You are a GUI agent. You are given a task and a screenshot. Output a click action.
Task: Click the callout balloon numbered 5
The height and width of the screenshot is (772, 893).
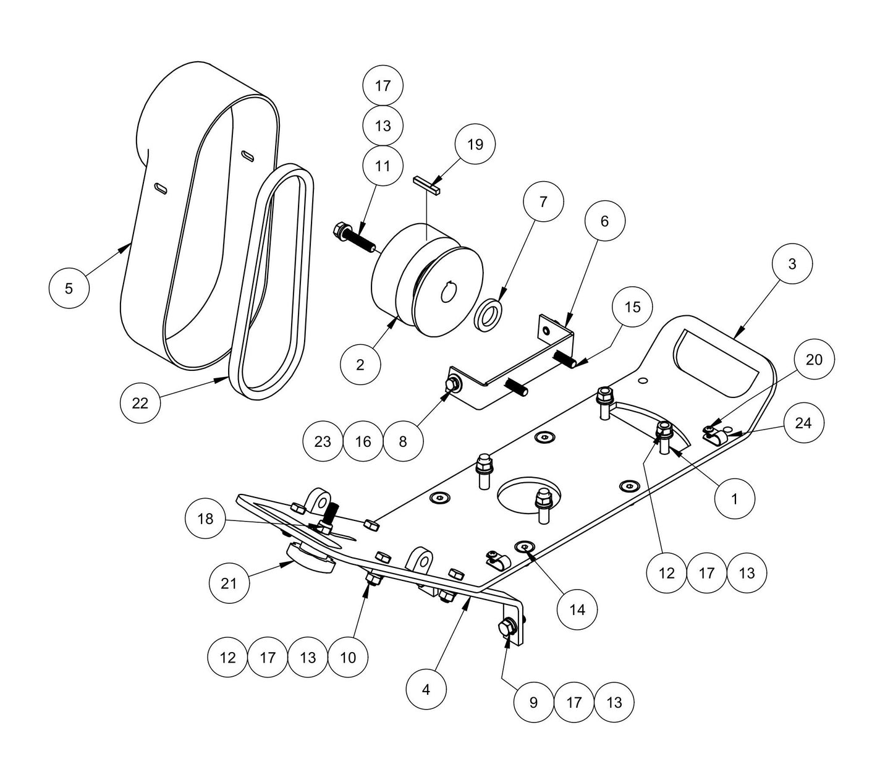[69, 288]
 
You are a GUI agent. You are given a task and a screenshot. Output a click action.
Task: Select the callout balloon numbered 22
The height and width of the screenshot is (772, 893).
[140, 403]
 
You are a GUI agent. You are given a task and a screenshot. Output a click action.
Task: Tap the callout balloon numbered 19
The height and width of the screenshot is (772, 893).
[475, 145]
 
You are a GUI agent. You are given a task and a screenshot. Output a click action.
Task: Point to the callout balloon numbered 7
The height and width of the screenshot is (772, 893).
[543, 201]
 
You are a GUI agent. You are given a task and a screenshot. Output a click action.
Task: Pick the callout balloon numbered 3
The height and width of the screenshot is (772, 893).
[792, 264]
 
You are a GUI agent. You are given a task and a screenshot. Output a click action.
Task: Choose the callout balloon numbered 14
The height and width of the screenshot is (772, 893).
[577, 610]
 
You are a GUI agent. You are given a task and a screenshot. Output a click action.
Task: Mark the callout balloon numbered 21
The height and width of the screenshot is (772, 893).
[229, 583]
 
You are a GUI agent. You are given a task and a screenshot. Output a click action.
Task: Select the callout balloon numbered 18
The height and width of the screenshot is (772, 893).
[205, 519]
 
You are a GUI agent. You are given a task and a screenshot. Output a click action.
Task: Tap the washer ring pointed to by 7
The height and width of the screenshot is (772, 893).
[489, 313]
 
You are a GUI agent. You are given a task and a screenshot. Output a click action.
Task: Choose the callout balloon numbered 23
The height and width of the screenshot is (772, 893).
[323, 441]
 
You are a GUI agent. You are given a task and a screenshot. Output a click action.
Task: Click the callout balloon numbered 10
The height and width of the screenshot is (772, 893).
[348, 657]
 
